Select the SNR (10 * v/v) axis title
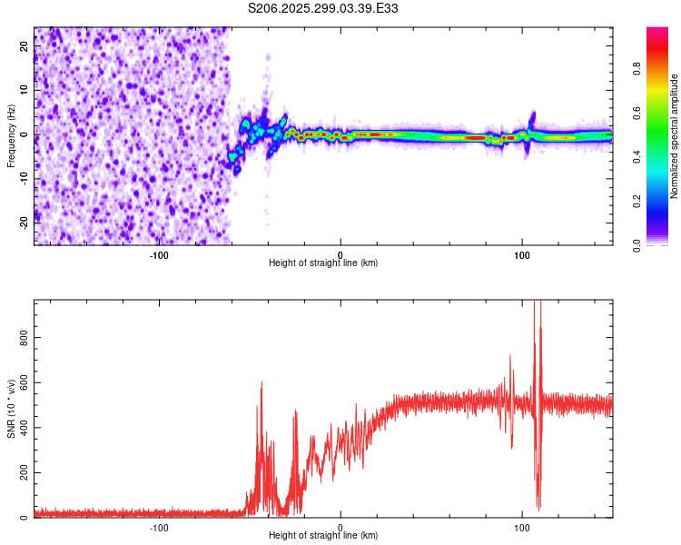click(x=11, y=409)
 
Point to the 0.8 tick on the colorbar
click(x=636, y=66)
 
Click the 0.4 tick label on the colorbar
click(x=636, y=155)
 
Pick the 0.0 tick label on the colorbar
click(x=636, y=244)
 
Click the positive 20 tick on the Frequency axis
click(x=25, y=47)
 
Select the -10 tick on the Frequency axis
click(x=22, y=177)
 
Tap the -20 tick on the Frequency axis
click(x=22, y=221)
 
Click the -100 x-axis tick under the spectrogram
click(x=159, y=254)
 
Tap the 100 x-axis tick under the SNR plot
click(x=522, y=527)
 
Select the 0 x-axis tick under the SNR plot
click(x=340, y=527)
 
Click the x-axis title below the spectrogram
click(x=323, y=263)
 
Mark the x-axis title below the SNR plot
click(x=323, y=536)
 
